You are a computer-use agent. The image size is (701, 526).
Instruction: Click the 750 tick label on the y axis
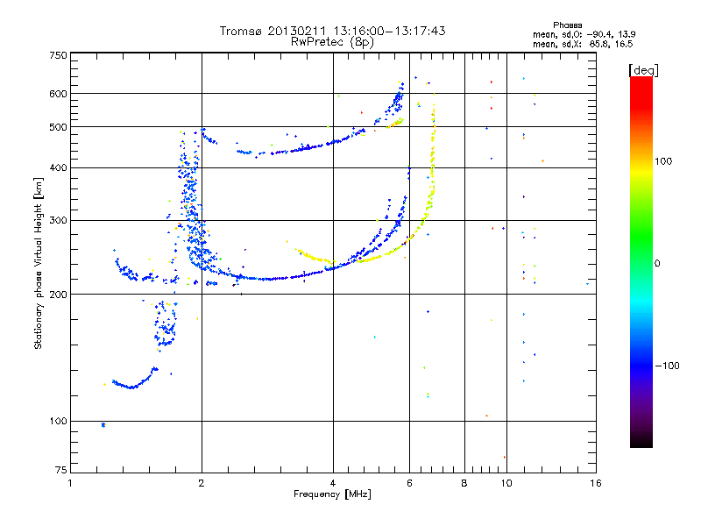tap(57, 55)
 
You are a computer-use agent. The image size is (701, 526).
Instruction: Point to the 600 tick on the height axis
tap(57, 94)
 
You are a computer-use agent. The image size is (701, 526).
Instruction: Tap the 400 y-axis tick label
tap(57, 167)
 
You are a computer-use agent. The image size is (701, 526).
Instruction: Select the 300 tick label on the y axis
tap(57, 220)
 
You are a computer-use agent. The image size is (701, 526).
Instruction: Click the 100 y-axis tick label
tap(57, 421)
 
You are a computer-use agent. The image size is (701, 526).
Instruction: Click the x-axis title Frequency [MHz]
tap(333, 495)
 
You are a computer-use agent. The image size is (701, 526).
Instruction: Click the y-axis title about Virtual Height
tap(39, 263)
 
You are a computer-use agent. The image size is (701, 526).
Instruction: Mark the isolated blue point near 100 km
tap(103, 424)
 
